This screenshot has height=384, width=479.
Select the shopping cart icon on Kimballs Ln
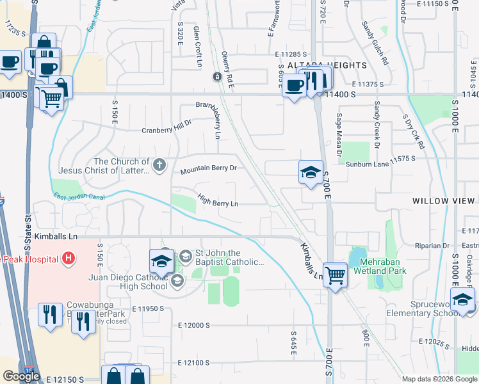(x=336, y=275)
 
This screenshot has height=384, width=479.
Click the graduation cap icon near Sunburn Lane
(x=311, y=172)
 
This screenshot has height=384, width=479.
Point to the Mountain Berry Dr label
(x=209, y=170)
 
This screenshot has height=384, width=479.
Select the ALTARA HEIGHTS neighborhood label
(x=322, y=65)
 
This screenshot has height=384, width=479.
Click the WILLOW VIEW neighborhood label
(x=444, y=201)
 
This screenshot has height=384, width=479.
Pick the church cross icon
(x=159, y=166)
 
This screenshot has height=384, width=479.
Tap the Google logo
(x=22, y=376)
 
